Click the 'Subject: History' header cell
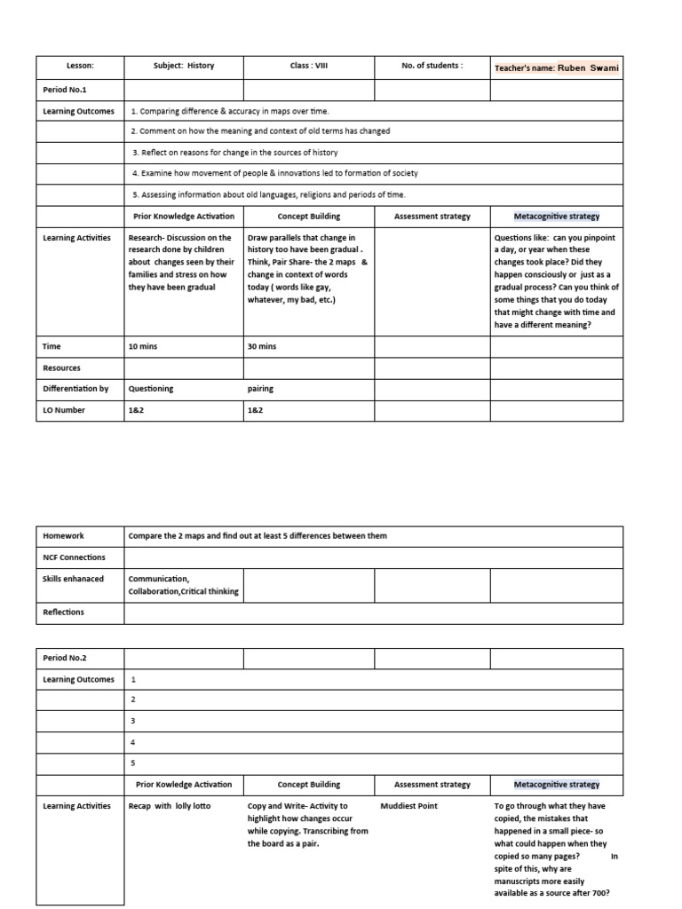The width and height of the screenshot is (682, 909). click(x=184, y=66)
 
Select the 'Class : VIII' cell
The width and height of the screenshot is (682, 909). click(x=308, y=66)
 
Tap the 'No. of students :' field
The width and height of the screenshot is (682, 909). click(x=432, y=66)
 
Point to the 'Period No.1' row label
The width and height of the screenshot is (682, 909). click(x=66, y=90)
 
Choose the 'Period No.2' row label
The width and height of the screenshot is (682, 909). click(x=66, y=658)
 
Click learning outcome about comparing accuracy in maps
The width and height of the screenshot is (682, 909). click(x=230, y=111)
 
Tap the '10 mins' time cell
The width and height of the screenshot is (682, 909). click(x=143, y=346)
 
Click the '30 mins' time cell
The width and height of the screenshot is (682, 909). click(x=262, y=346)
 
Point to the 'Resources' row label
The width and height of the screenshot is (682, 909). click(x=62, y=368)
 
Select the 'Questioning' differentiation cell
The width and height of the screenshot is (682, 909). click(x=151, y=389)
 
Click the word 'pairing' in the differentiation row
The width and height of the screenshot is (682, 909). click(x=260, y=389)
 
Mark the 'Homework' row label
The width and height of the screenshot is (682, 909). click(x=62, y=536)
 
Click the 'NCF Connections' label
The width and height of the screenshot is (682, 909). click(x=74, y=557)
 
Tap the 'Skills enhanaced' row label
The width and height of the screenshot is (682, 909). click(x=74, y=579)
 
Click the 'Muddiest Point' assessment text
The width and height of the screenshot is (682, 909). click(x=408, y=806)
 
